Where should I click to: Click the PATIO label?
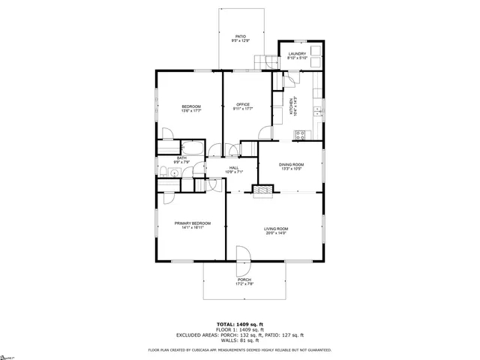(x=241, y=36)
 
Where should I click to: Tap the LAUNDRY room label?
(x=298, y=53)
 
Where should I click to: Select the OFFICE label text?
(x=243, y=104)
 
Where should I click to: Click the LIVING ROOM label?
(x=276, y=229)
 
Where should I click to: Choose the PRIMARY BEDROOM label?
(x=193, y=223)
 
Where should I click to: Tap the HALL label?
(x=234, y=168)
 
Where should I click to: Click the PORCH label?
(x=244, y=280)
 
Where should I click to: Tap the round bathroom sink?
(x=174, y=173)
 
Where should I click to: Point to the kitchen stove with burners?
(x=301, y=135)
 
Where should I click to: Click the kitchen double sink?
(x=318, y=111)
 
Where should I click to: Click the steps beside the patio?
(x=264, y=62)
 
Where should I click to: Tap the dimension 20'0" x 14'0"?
(x=276, y=233)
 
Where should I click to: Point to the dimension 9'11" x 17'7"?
(x=243, y=109)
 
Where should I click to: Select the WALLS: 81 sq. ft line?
(x=241, y=340)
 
